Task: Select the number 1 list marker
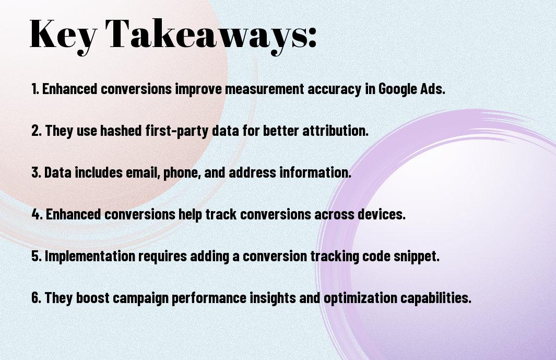[x=35, y=89]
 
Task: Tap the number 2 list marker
[x=37, y=130]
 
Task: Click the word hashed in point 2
[x=121, y=130]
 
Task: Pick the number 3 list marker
[x=36, y=172]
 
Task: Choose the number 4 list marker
[x=37, y=214]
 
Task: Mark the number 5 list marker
[x=37, y=256]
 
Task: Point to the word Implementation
[x=90, y=257]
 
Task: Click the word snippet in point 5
[x=417, y=257]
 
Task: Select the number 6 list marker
[x=37, y=297]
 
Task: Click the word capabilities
[x=436, y=298]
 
